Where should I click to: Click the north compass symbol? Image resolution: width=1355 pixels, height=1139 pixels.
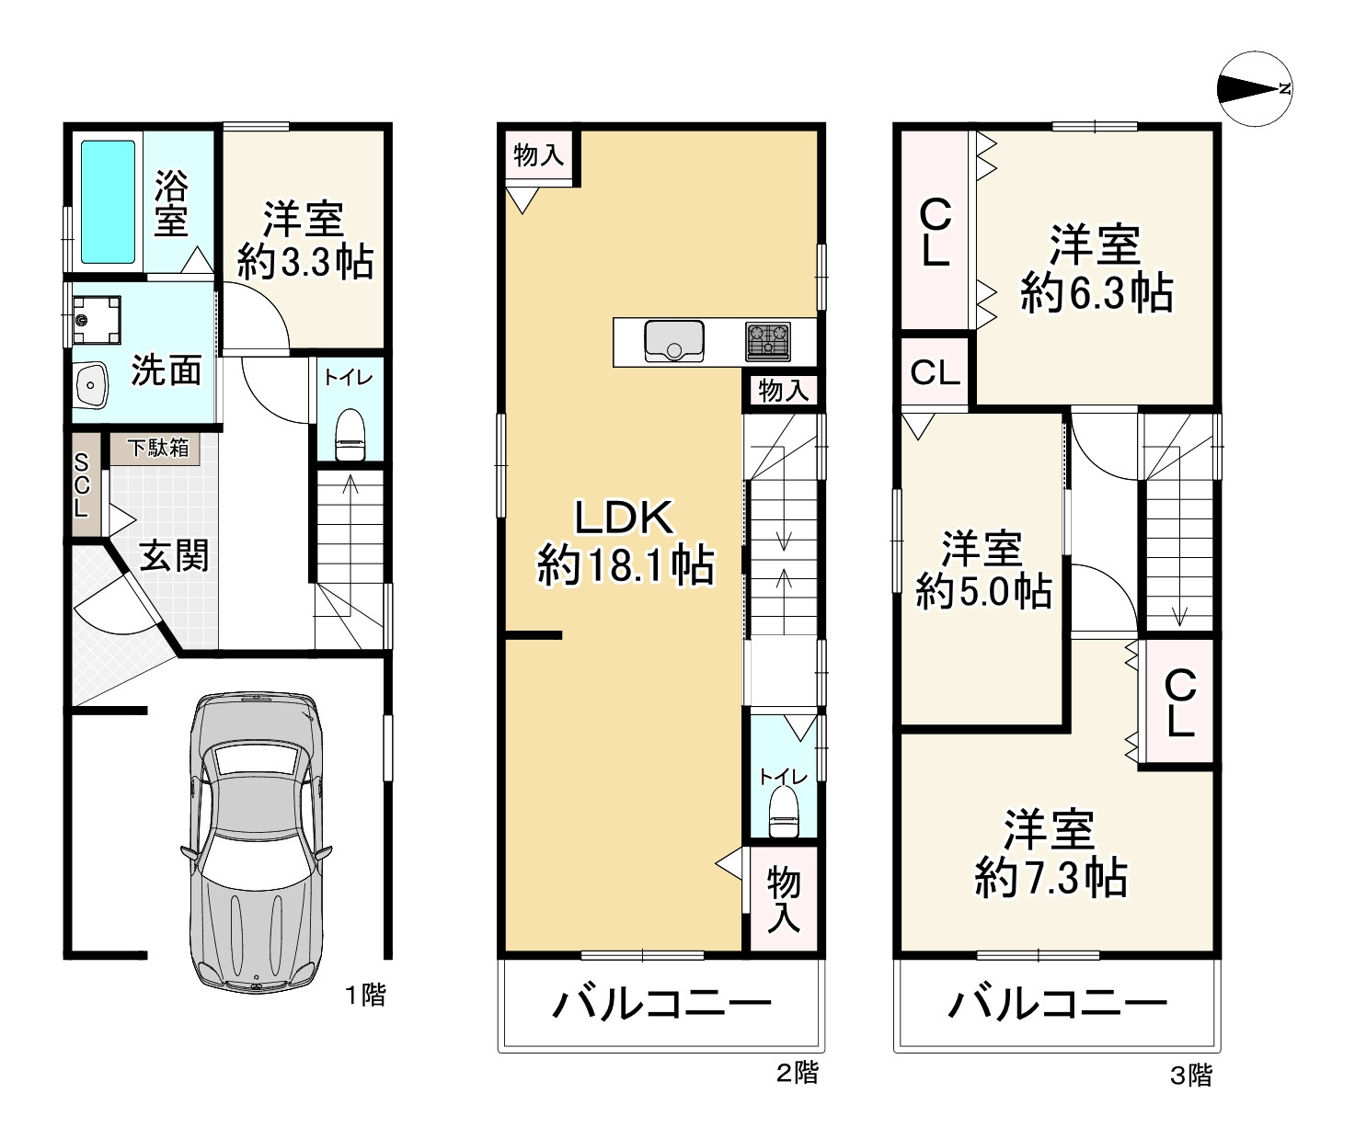point(1255,89)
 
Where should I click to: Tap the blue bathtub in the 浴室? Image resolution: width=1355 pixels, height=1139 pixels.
point(108,201)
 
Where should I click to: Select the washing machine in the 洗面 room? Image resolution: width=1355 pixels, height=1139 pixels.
point(97,320)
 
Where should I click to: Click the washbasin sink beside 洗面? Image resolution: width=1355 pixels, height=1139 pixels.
point(91,385)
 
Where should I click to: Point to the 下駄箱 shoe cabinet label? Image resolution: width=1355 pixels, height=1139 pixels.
point(157,448)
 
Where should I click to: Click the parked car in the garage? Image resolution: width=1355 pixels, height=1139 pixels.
point(257,843)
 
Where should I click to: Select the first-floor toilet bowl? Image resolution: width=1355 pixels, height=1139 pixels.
point(350,435)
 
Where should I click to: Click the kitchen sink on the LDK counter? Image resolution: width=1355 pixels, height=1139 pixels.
point(674,341)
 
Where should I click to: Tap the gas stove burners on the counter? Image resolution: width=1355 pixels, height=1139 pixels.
point(768,341)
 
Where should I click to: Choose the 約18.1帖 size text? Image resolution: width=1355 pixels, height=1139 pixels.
point(626,565)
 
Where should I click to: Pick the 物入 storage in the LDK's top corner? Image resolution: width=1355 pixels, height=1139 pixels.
point(539,155)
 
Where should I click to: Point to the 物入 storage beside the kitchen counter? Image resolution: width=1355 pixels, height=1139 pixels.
point(783,391)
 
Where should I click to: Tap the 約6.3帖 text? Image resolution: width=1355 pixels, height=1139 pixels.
point(1097,294)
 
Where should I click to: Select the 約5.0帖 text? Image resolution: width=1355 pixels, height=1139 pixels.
point(983,591)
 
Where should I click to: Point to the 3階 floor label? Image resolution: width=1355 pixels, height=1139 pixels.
point(1191,1076)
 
